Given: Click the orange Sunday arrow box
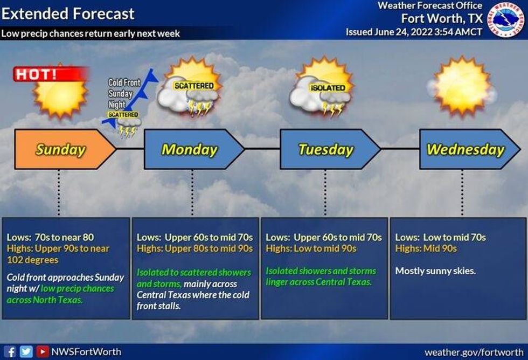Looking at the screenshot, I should (x=60, y=149).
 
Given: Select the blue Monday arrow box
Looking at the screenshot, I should (x=190, y=149).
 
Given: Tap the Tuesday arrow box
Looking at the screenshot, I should (x=326, y=149).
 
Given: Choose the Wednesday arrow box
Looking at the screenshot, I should (x=465, y=149).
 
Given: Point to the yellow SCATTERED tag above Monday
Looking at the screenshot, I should (x=194, y=86).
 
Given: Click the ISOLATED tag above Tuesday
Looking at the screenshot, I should (x=328, y=88).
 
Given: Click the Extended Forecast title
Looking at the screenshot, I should (x=68, y=13).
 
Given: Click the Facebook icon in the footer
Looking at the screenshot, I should (x=11, y=352).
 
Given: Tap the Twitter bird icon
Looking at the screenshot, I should (x=25, y=352).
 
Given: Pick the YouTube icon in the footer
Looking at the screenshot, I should (x=41, y=352).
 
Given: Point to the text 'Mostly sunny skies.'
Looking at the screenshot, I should (x=436, y=271).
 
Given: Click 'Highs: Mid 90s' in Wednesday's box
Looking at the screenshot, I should (x=426, y=248).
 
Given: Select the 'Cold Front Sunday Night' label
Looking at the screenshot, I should (x=124, y=93).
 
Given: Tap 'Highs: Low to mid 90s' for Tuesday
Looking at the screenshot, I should (x=311, y=248).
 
